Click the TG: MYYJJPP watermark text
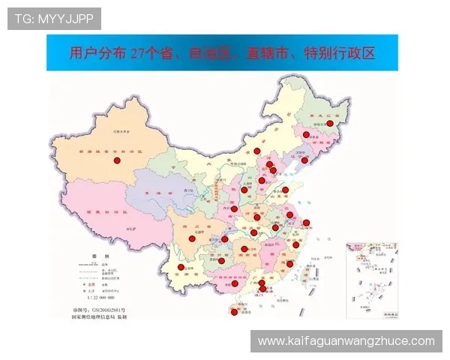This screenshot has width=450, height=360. click(54, 19)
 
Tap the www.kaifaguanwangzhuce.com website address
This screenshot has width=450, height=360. click(346, 341)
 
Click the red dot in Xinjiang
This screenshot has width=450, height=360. click(116, 160)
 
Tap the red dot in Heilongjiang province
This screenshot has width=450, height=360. click(329, 123)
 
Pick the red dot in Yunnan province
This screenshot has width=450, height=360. click(181, 268)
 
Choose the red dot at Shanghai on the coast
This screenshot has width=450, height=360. click(306, 223)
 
